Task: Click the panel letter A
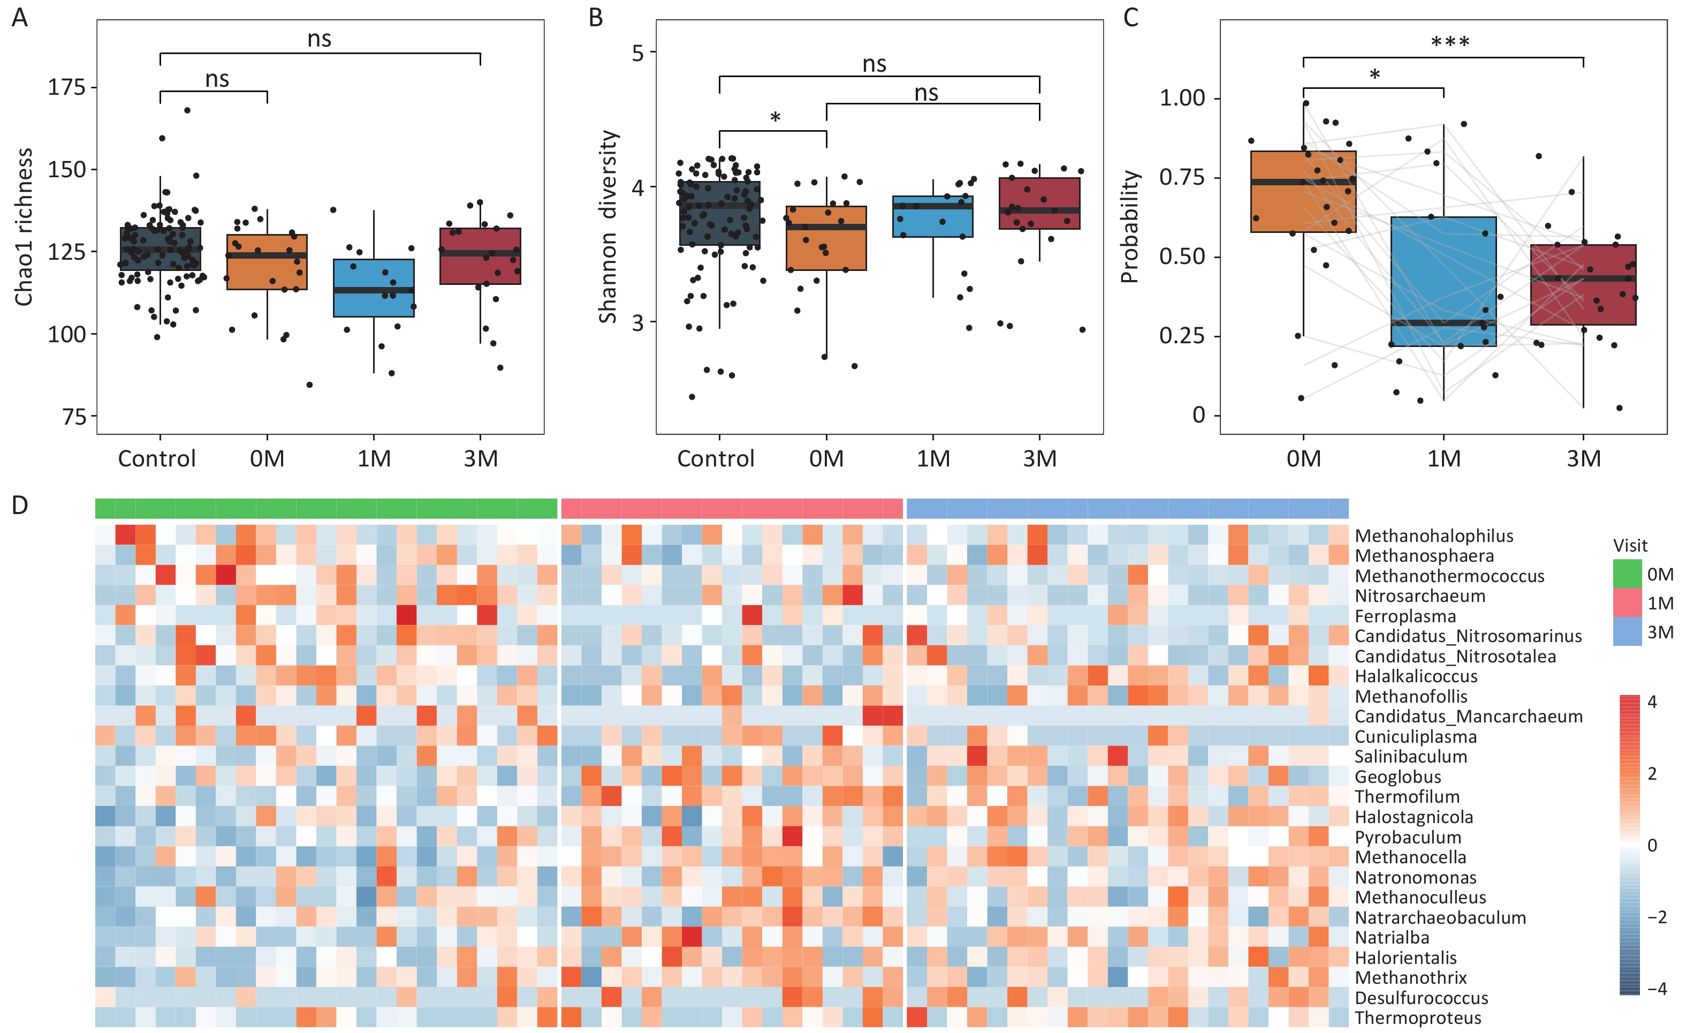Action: click(20, 17)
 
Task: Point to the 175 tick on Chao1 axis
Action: click(66, 88)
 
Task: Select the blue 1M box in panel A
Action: click(374, 288)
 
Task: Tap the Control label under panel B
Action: click(716, 458)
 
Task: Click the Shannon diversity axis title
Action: click(607, 227)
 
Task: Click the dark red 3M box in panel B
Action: click(1039, 203)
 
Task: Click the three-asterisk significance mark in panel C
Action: click(1450, 42)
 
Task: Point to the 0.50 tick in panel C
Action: click(1182, 257)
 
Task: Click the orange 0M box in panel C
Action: click(1303, 192)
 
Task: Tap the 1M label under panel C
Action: click(1444, 458)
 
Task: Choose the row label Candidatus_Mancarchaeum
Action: click(1468, 717)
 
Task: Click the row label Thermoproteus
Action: click(1418, 1018)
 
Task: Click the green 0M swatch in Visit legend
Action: click(1627, 574)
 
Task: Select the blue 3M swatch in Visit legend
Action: click(1627, 631)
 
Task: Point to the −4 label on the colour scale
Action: click(1657, 989)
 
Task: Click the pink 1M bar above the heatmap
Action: click(732, 509)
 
